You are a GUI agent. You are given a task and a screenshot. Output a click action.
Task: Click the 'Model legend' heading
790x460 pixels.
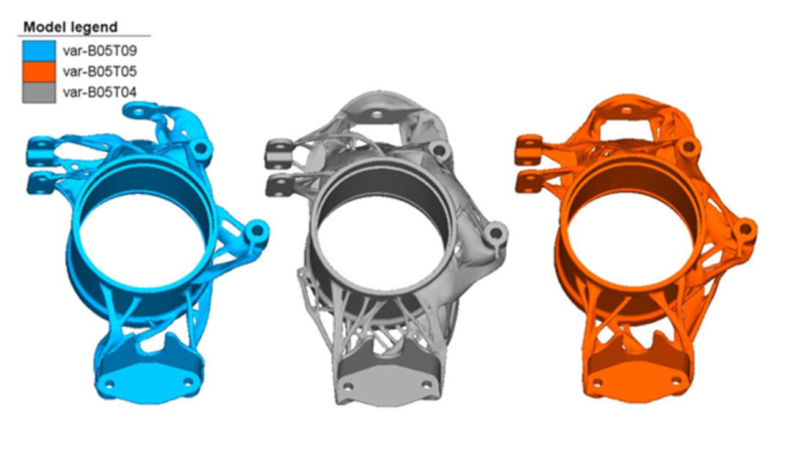(70, 27)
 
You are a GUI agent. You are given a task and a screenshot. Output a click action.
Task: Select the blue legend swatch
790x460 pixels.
(39, 50)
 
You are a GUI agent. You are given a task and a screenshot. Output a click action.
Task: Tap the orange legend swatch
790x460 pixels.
(39, 72)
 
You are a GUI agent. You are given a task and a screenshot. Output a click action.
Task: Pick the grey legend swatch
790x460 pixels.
(39, 93)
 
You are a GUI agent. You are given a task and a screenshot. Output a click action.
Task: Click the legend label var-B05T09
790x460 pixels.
(99, 51)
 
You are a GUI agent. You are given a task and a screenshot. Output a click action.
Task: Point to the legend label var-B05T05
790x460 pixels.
(99, 72)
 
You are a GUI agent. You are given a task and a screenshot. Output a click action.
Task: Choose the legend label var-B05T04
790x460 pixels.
(99, 93)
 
